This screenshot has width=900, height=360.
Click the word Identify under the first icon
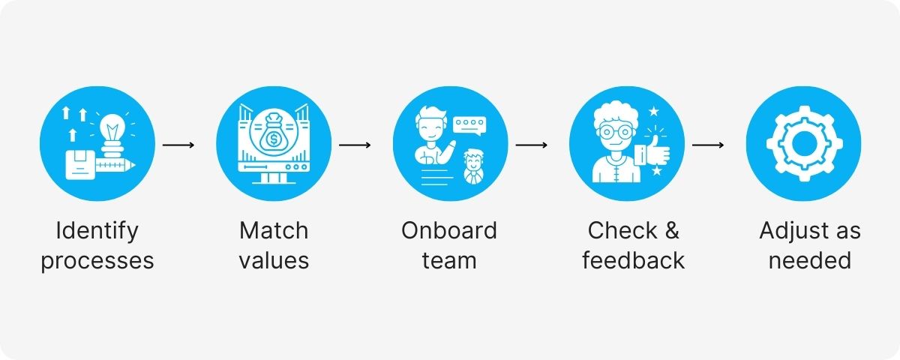click(x=97, y=230)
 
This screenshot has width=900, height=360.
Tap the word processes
click(x=97, y=260)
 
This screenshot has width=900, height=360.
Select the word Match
click(x=274, y=230)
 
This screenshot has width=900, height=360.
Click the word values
click(x=274, y=260)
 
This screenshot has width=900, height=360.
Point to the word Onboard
click(x=449, y=230)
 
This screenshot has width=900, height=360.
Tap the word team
click(x=449, y=260)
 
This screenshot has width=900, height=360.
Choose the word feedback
click(x=634, y=260)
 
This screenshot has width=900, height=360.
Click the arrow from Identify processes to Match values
click(x=178, y=144)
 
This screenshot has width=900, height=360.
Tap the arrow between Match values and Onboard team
click(x=355, y=144)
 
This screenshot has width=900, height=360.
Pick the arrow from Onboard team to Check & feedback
click(x=531, y=144)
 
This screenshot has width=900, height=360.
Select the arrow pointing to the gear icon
click(x=707, y=144)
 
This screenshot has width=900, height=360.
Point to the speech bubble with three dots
click(x=470, y=124)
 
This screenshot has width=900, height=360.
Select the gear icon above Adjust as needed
click(x=802, y=144)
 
